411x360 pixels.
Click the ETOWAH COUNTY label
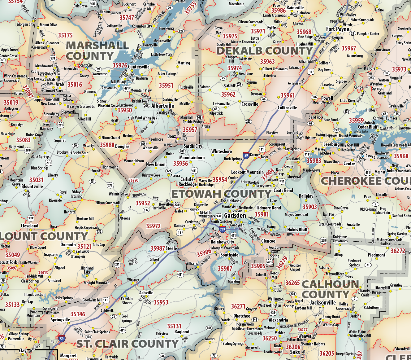(x=221, y=194)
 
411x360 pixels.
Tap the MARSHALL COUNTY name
(x=97, y=50)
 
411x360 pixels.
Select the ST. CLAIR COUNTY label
(x=127, y=344)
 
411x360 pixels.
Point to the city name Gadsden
(x=235, y=215)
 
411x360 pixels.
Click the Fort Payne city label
(x=337, y=29)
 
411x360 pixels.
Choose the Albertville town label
(x=162, y=106)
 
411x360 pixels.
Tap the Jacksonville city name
(x=322, y=302)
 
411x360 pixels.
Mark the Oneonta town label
(x=68, y=245)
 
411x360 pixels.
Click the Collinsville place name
(x=287, y=108)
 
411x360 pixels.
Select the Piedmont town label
(x=376, y=255)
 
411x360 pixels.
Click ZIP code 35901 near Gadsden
(x=262, y=214)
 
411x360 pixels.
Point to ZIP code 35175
(x=65, y=35)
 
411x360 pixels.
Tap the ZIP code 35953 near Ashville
(x=161, y=302)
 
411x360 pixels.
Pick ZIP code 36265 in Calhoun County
(x=292, y=283)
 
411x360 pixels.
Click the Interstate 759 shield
(x=222, y=229)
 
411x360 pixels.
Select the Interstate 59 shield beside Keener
(x=246, y=155)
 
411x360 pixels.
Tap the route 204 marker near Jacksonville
(x=292, y=294)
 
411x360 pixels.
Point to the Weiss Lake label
(x=361, y=132)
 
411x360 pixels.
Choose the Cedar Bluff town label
(x=367, y=127)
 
